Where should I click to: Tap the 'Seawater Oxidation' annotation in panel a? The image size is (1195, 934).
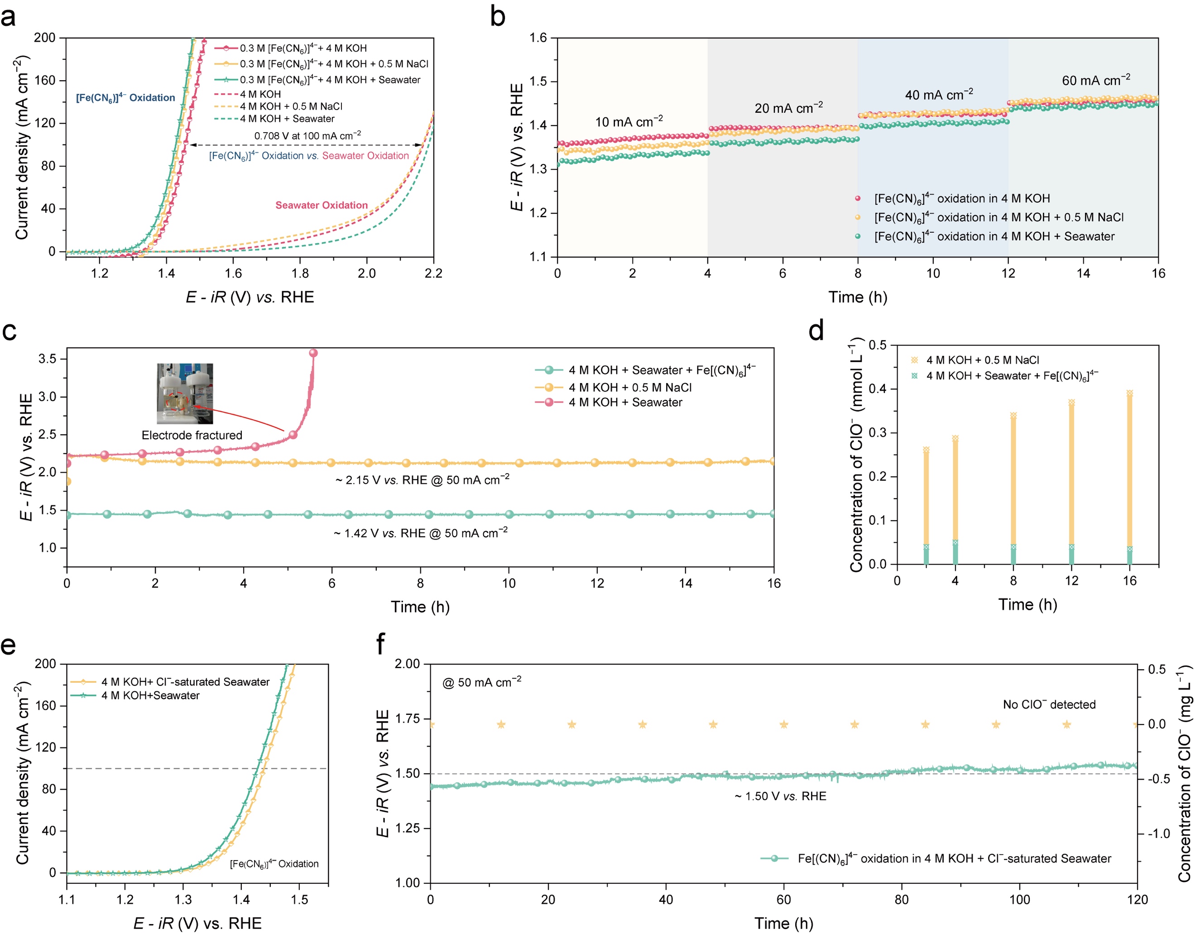point(321,205)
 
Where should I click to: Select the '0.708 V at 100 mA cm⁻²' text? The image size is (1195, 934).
point(307,135)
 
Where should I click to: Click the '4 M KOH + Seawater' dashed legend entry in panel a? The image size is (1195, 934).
point(287,119)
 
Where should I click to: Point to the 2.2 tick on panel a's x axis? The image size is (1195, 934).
point(433,273)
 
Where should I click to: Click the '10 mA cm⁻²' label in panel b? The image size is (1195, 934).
point(629,121)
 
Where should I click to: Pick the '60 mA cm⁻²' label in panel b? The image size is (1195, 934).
point(1096,81)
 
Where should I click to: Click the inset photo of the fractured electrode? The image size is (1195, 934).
point(185,393)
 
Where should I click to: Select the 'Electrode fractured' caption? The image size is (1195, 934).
point(192,435)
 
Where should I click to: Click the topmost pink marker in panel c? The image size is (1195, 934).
point(313,353)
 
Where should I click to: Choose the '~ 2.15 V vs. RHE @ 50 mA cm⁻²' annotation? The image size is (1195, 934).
point(422,480)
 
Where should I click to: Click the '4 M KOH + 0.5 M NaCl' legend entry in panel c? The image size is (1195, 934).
point(629,388)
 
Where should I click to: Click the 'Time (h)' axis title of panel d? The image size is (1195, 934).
point(1027,604)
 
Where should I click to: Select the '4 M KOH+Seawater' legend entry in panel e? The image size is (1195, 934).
point(150,695)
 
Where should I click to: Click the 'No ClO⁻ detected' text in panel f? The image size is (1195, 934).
point(1049,704)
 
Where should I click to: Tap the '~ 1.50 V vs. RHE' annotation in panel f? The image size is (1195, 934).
point(780,796)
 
